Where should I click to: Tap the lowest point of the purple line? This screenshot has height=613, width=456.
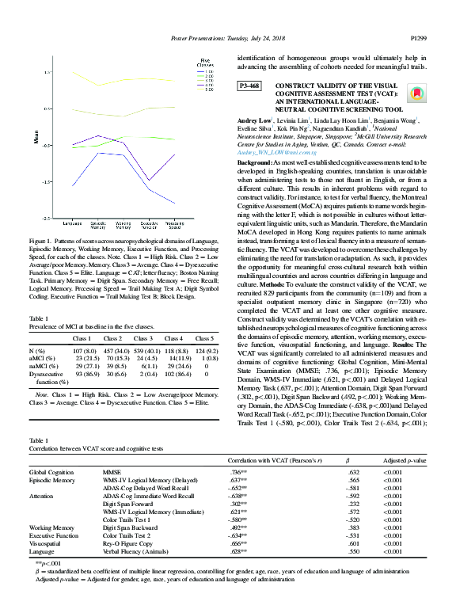148,181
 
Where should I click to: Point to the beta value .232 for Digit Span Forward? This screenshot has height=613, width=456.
354,504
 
